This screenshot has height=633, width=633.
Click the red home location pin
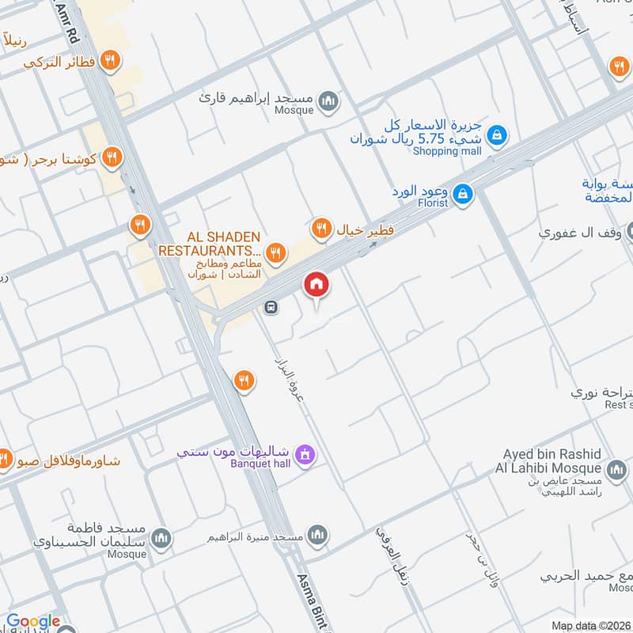pyautogui.click(x=316, y=284)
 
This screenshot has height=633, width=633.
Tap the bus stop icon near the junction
pyautogui.click(x=271, y=307)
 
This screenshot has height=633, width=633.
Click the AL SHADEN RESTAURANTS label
pyautogui.click(x=211, y=244)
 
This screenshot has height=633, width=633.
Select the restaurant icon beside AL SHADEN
pyautogui.click(x=275, y=252)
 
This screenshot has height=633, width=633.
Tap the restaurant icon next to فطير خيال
pyautogui.click(x=320, y=229)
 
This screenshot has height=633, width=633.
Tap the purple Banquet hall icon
pyautogui.click(x=304, y=454)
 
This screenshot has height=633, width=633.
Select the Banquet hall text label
pyautogui.click(x=261, y=464)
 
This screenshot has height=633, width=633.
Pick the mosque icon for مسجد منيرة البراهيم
pyautogui.click(x=318, y=536)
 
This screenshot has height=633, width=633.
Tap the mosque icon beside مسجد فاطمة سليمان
pyautogui.click(x=161, y=538)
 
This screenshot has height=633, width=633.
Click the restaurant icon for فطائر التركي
pyautogui.click(x=112, y=59)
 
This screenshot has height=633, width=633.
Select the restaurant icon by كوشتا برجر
pyautogui.click(x=112, y=157)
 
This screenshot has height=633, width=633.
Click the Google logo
pyautogui.click(x=33, y=621)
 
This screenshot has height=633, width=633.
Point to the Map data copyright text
pyautogui.click(x=591, y=625)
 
